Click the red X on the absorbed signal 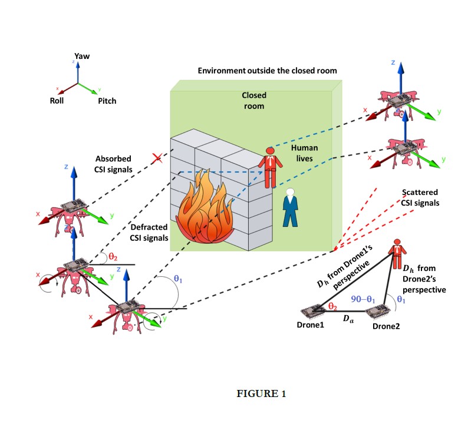157,158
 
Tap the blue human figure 290,207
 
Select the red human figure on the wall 270,167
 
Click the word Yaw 82,56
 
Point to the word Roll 57,101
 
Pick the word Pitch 107,101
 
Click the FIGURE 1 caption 261,393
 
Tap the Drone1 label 310,325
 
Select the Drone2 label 386,326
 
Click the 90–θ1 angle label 363,299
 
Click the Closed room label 254,101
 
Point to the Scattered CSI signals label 420,197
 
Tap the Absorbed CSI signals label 113,164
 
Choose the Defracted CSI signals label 149,233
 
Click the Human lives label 304,153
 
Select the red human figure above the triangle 397,254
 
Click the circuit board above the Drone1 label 313,311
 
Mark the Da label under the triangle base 348,318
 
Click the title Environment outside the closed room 268,71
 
